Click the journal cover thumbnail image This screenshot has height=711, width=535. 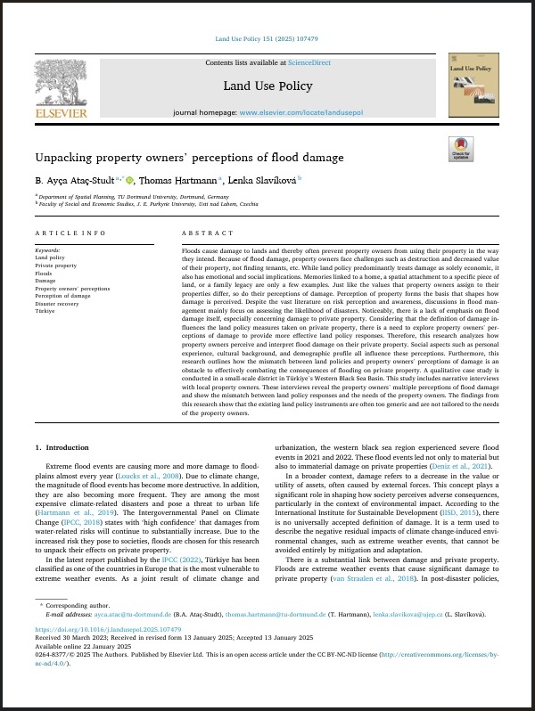(473, 87)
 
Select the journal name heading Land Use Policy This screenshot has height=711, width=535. (267, 86)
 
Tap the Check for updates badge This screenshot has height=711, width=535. (461, 149)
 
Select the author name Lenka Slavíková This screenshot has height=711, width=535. (262, 180)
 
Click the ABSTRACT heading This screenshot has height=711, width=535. (200, 233)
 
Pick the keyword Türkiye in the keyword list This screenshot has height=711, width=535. (46, 311)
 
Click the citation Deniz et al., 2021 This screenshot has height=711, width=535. (466, 466)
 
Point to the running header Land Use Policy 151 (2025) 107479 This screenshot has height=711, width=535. (267, 39)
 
